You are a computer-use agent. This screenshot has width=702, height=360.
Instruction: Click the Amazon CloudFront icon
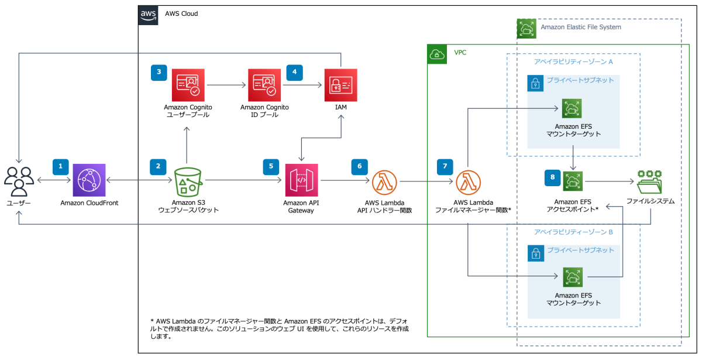89,180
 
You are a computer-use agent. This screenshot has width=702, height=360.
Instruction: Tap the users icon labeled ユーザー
19,181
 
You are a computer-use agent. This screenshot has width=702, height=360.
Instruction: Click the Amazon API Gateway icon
301,180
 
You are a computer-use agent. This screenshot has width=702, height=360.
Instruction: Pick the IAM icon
340,85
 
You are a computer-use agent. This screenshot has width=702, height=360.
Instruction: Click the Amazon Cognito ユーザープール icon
188,85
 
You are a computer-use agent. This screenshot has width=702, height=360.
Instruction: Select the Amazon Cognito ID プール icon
264,85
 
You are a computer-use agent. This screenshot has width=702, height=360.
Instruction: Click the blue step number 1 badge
60,166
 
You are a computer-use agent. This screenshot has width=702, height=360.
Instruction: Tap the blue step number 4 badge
294,72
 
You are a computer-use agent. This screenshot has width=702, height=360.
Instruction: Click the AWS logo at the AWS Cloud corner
148,15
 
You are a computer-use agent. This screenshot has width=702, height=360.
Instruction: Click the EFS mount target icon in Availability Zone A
572,109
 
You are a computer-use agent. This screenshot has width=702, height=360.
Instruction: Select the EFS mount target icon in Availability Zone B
572,277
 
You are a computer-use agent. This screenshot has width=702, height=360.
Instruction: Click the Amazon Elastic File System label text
581,27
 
